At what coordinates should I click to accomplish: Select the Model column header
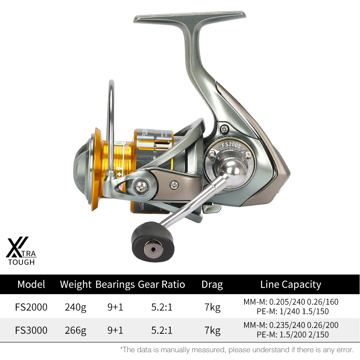[x=31, y=284]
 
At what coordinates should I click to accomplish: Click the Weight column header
[x=76, y=284]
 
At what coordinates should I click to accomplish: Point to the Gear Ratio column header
[x=162, y=284]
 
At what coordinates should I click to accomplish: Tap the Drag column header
[x=212, y=284]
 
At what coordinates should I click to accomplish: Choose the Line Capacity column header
[x=291, y=284]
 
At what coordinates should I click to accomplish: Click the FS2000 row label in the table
[x=31, y=307]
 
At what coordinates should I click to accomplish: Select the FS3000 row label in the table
[x=31, y=330]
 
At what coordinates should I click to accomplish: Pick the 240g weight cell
[x=75, y=307]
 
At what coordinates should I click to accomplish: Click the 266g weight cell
[x=75, y=330]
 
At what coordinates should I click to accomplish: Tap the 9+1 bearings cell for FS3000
[x=115, y=330]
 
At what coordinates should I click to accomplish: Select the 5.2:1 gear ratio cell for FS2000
[x=162, y=307]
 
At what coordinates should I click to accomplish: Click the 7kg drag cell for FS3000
[x=212, y=330]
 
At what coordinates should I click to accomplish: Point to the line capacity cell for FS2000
[x=291, y=307]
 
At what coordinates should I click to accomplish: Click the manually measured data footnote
[x=237, y=350]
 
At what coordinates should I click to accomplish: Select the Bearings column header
[x=115, y=284]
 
